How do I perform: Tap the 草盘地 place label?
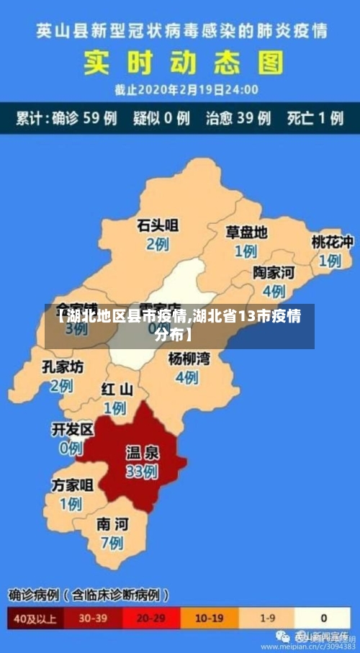click(x=246, y=233)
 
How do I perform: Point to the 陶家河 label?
click(x=274, y=273)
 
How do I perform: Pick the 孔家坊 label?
click(x=62, y=366)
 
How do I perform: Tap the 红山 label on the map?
click(x=117, y=389)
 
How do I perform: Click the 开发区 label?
click(x=73, y=430)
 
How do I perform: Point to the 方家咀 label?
click(x=72, y=485)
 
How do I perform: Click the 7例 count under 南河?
click(x=112, y=542)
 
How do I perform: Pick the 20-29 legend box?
click(x=150, y=618)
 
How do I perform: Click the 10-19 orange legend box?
click(x=209, y=618)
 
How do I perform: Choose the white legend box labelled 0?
click(x=323, y=618)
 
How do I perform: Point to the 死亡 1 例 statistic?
click(x=315, y=118)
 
